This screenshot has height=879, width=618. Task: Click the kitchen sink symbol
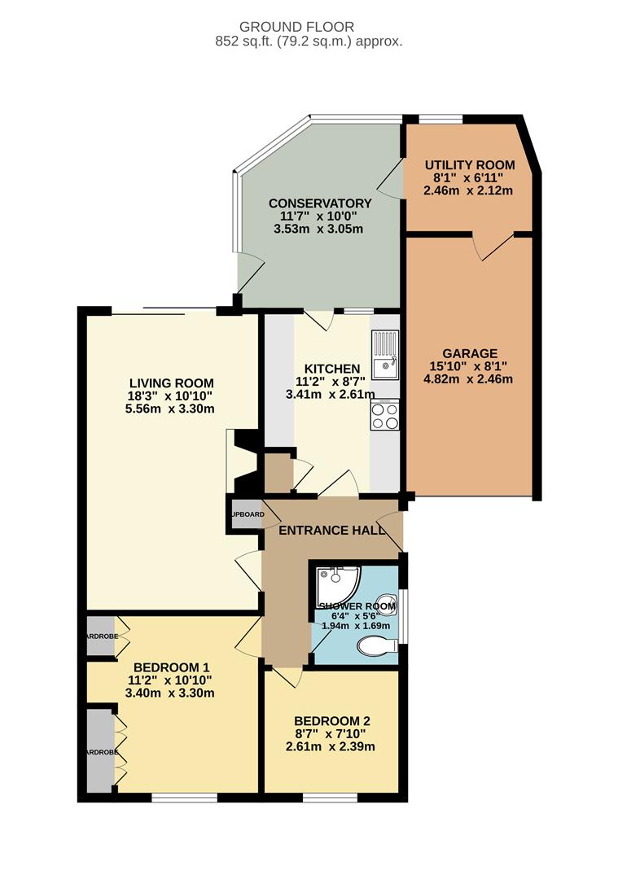coord(385,355)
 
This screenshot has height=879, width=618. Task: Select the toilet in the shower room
coord(377,646)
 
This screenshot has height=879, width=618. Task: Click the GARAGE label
coord(469,353)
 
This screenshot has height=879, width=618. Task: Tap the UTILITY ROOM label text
coord(469,165)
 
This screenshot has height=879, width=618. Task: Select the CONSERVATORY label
coord(319,203)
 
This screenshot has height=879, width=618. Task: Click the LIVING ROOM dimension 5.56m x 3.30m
coord(171,409)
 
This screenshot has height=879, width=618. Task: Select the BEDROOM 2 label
coord(332,721)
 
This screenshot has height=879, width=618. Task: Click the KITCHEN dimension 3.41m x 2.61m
coord(331,395)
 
